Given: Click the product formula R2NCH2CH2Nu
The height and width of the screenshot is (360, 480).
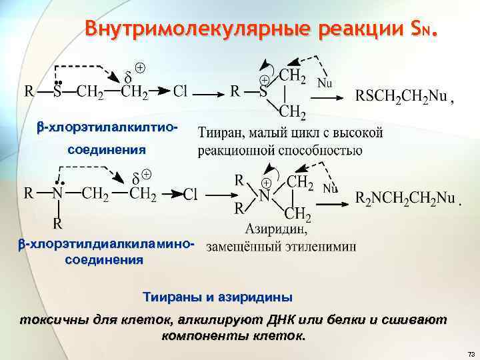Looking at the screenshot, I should coord(405,198).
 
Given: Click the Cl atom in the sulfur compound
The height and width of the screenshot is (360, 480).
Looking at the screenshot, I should coord(180,91).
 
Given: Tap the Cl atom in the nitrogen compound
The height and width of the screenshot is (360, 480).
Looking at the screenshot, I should coord(190,194).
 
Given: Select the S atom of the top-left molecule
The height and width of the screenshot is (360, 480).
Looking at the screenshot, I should coord(59,91).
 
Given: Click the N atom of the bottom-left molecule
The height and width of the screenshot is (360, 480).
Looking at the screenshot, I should coord(59,194).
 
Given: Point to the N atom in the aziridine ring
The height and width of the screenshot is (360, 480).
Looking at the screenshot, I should coord(265,197).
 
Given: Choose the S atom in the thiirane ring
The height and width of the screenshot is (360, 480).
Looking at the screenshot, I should coord(263,91).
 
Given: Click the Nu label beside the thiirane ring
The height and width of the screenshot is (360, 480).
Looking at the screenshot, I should coord(325,83).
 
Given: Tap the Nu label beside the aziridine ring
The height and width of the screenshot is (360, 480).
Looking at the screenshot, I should coord(331,189).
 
